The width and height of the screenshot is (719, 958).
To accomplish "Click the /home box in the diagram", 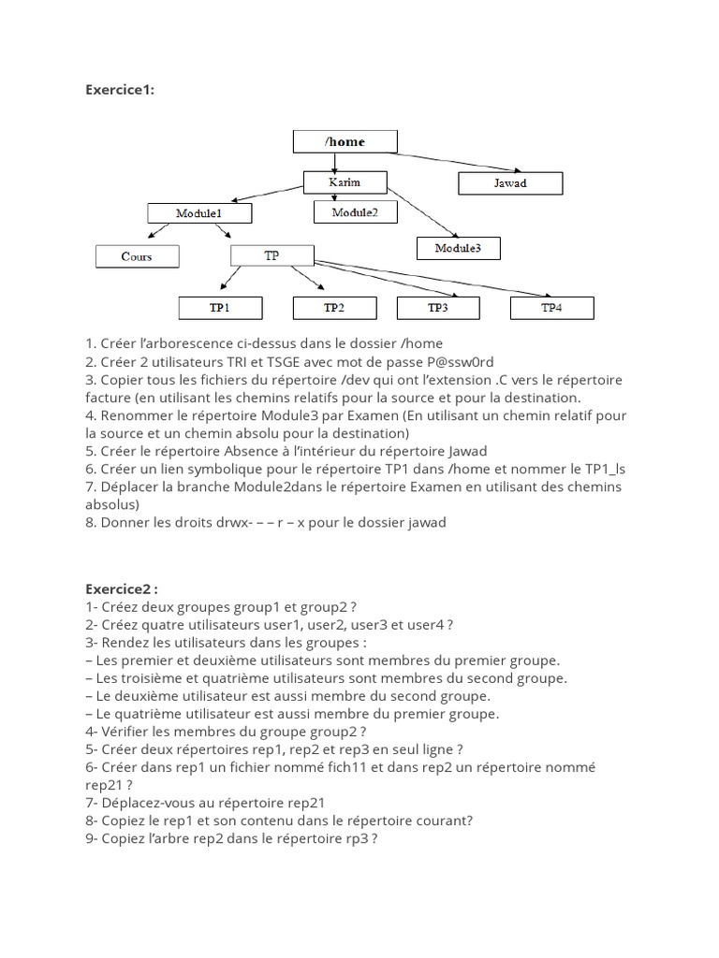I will point(345,141).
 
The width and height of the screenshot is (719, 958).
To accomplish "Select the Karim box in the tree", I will point(345,182).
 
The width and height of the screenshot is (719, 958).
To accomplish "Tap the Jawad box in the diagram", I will point(510,182).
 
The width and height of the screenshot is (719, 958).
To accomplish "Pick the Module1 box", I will point(198,213).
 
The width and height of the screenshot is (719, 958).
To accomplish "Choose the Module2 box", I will point(355,212).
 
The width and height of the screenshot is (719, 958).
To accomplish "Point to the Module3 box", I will point(458,248).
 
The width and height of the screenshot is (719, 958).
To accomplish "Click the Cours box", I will point(137,255).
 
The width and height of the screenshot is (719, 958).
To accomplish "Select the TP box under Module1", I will point(271,255).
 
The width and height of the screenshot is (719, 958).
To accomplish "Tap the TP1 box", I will point(220,307).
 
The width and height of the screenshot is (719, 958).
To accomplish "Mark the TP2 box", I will point(334,307).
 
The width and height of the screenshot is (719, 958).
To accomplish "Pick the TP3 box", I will point(438,307).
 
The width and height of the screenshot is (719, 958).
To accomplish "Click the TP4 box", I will point(552,307).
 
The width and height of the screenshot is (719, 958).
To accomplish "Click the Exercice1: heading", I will point(120,90).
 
